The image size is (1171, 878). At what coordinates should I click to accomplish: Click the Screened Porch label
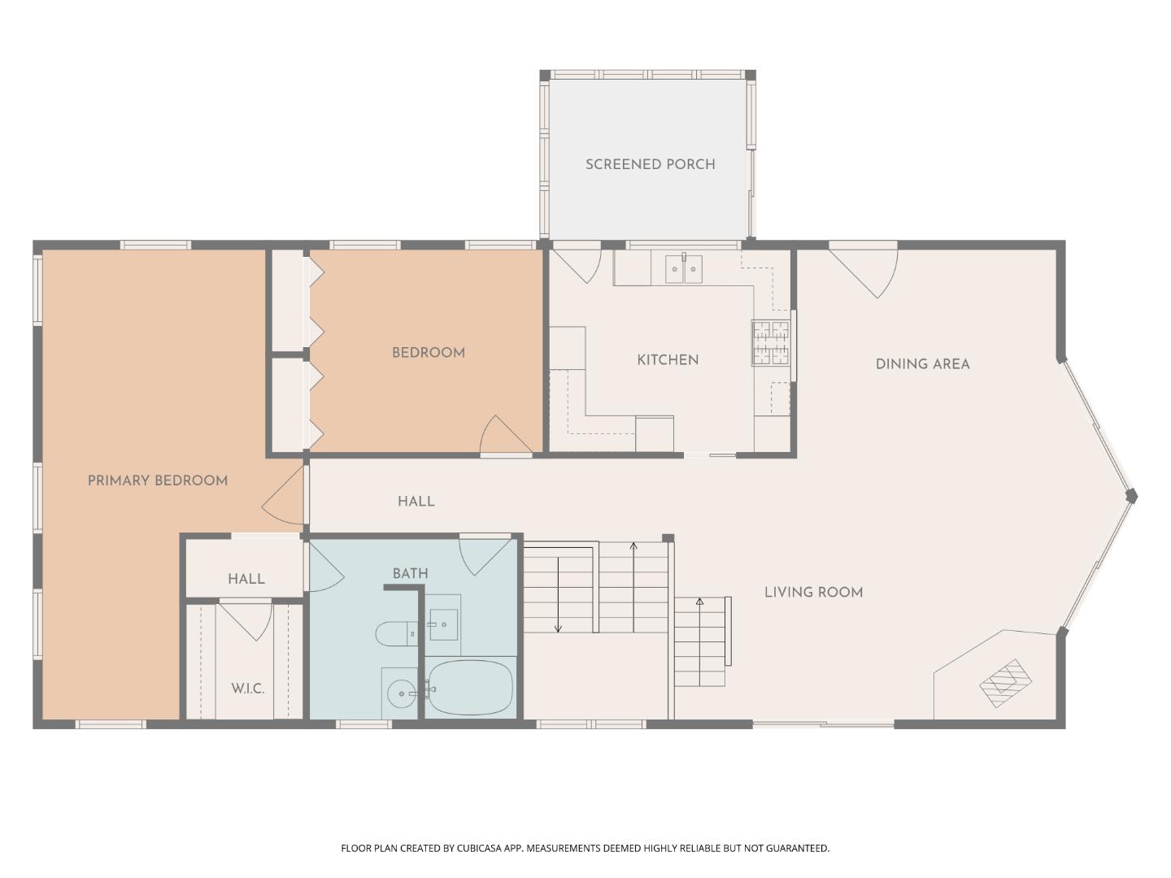click(650, 164)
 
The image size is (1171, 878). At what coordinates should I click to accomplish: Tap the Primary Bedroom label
click(157, 480)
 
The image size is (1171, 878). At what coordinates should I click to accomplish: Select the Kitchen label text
click(668, 360)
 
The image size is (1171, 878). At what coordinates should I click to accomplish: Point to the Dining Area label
click(922, 364)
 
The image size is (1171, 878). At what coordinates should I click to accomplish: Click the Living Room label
click(813, 593)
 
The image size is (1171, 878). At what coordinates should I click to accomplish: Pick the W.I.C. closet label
click(247, 689)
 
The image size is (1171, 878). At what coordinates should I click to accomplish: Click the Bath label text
click(410, 573)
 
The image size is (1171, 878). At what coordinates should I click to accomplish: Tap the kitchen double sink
click(684, 269)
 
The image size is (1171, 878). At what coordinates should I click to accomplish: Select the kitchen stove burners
click(770, 342)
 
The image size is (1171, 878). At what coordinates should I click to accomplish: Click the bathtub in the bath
click(470, 688)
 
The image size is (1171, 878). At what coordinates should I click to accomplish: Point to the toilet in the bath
click(395, 633)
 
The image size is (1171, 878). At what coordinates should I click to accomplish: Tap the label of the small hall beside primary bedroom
click(246, 579)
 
